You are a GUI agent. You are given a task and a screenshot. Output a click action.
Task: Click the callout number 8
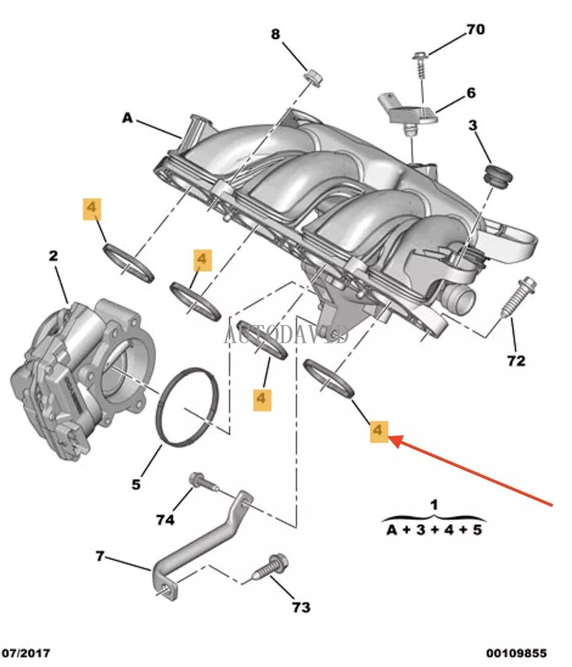[276, 35]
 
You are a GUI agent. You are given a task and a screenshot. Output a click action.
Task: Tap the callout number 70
[476, 29]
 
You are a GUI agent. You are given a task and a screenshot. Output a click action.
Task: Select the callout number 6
[471, 93]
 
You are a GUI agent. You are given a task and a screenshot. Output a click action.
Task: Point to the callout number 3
[473, 126]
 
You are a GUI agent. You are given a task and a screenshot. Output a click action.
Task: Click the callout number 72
[515, 360]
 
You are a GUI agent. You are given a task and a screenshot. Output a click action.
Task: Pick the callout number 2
[54, 256]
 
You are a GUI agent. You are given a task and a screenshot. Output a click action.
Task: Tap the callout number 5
[136, 484]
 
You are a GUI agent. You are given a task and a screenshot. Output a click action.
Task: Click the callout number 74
[165, 520]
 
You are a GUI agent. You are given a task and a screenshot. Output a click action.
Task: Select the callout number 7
[100, 556]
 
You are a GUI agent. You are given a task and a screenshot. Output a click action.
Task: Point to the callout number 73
[301, 607]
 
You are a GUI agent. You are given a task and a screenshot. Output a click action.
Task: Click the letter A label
[127, 118]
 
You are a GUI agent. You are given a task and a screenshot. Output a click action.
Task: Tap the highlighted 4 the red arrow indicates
[378, 431]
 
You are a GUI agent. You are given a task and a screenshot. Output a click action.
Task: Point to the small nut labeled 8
[314, 77]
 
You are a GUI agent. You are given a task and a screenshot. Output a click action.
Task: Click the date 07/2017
[26, 654]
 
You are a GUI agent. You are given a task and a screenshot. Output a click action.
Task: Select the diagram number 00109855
[516, 654]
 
